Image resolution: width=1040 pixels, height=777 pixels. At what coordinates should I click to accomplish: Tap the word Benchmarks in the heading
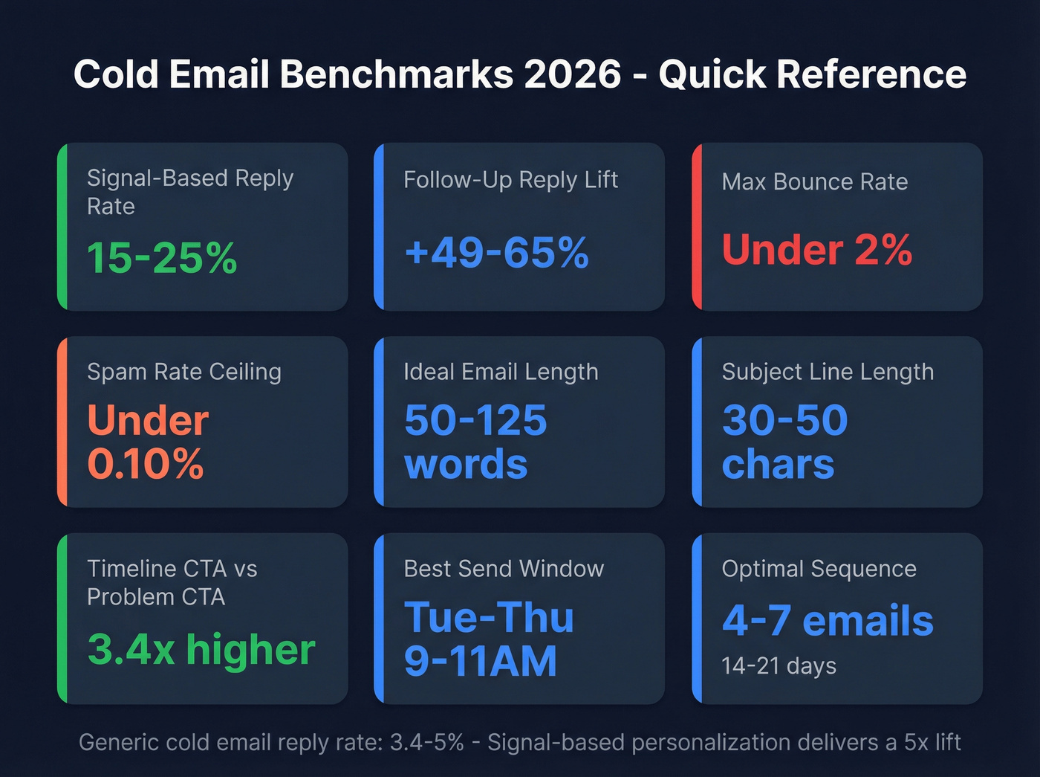tap(397, 74)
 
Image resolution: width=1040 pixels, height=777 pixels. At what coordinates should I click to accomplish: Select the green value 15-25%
tap(162, 258)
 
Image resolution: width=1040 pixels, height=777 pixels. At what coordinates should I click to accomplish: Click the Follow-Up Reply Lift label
tap(510, 180)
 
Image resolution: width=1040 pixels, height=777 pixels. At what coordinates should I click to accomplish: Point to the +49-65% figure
tap(496, 253)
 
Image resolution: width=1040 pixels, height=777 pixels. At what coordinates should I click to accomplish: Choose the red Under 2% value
tap(817, 250)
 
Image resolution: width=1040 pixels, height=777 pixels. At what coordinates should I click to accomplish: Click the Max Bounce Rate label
tap(815, 182)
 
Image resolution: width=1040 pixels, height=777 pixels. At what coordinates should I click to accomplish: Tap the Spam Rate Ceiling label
tap(184, 372)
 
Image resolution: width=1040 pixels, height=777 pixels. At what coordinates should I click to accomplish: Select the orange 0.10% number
tap(146, 464)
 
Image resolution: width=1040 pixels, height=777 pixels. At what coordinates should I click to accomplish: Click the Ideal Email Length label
tap(501, 372)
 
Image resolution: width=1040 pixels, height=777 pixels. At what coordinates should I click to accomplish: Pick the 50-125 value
tap(475, 421)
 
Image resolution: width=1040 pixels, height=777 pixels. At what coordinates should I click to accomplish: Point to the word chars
tap(778, 465)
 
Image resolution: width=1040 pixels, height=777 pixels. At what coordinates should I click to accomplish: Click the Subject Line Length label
tap(828, 372)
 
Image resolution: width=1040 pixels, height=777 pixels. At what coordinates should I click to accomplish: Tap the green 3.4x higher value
tap(201, 650)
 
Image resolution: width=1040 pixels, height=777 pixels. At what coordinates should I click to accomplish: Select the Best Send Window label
tap(504, 569)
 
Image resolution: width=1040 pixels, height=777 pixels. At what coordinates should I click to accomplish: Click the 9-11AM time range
tap(481, 661)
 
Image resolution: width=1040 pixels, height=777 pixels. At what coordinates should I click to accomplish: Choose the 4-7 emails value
tap(828, 621)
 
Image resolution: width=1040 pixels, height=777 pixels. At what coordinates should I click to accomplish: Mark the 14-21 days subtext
tap(779, 666)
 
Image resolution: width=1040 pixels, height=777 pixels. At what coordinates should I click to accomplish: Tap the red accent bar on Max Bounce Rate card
tap(697, 226)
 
